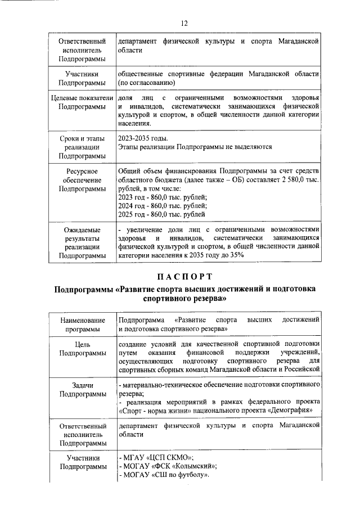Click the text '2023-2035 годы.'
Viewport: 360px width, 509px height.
143,138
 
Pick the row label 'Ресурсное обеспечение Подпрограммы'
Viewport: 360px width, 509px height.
83,180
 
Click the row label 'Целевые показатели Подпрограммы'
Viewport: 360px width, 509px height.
83,102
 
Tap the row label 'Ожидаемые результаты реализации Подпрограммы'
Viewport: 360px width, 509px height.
83,242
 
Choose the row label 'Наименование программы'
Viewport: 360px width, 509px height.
83,324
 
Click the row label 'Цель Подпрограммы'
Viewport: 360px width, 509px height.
83,348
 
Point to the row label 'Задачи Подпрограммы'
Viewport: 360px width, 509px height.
83,390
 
